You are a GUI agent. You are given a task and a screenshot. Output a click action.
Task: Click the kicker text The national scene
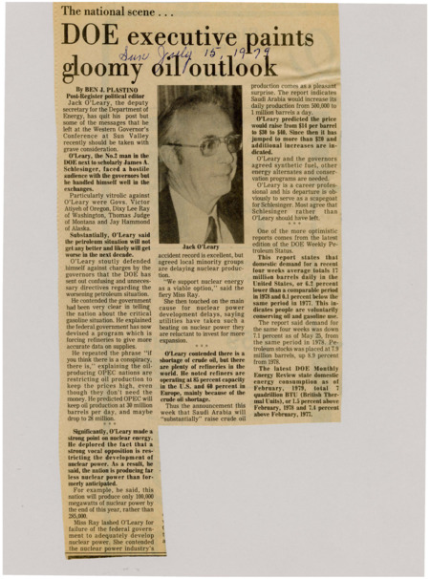[x=111, y=11]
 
